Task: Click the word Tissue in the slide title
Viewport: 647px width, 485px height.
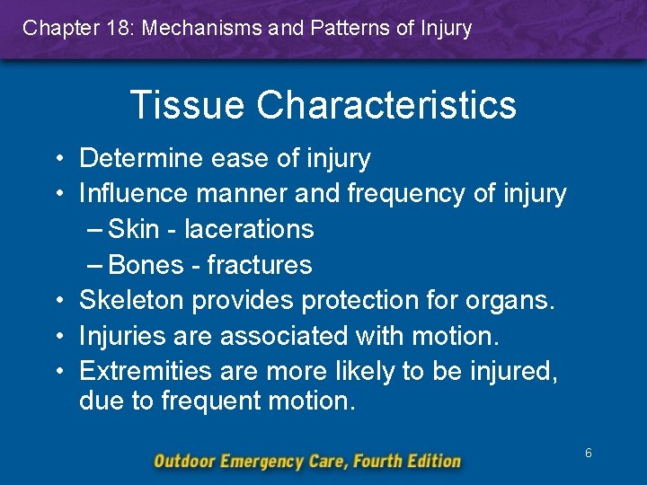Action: click(186, 104)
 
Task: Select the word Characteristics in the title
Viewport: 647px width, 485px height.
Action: click(386, 104)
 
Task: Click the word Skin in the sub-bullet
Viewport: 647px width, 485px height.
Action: click(134, 229)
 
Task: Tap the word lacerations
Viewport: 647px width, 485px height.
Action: click(249, 229)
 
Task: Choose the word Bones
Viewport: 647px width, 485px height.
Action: click(146, 265)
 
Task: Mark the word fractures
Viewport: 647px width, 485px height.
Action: click(260, 265)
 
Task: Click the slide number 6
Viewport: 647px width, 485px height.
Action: click(589, 454)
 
